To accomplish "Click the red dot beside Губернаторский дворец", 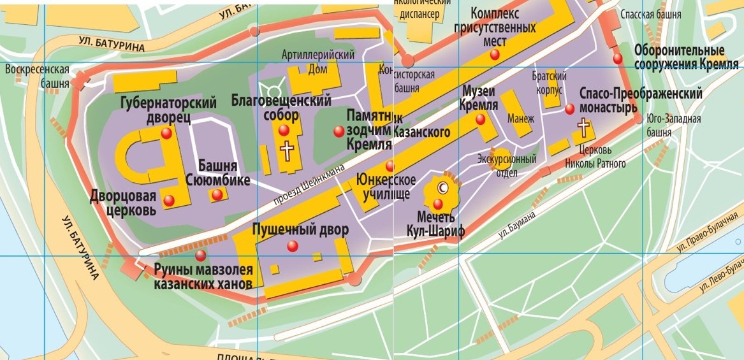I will point(166,133).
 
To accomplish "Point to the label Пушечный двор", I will point(300,230).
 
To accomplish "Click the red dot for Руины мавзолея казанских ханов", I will point(201,256).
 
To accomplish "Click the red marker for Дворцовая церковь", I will point(168,201).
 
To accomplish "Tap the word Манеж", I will point(521,119).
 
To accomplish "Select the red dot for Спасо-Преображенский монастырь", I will point(570,109).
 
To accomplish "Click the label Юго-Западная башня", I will point(673,126).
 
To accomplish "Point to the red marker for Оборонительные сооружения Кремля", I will point(618,59).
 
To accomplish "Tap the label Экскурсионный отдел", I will point(507,165).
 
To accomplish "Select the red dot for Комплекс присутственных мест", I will point(494,55).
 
